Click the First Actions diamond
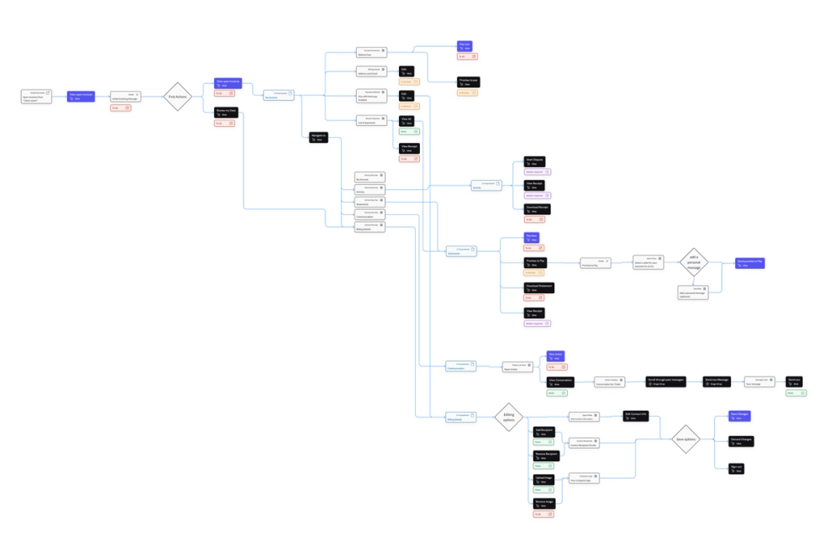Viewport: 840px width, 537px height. [177, 97]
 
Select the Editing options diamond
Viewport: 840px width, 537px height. [508, 416]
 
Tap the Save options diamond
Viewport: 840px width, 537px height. [685, 440]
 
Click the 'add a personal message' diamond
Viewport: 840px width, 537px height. [694, 261]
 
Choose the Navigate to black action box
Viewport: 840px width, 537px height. [318, 137]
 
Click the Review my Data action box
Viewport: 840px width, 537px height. [226, 112]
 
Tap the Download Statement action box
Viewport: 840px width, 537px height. [539, 287]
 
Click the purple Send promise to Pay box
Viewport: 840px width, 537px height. [750, 263]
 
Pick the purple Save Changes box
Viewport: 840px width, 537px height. [739, 416]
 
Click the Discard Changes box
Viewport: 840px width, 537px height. [741, 441]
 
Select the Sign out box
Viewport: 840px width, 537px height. [736, 467]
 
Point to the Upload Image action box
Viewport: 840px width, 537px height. [543, 479]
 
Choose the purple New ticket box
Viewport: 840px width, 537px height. [556, 356]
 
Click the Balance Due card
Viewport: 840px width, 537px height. [370, 52]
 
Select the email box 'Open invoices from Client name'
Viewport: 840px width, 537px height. [36, 96]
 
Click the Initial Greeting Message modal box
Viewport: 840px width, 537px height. [125, 97]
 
